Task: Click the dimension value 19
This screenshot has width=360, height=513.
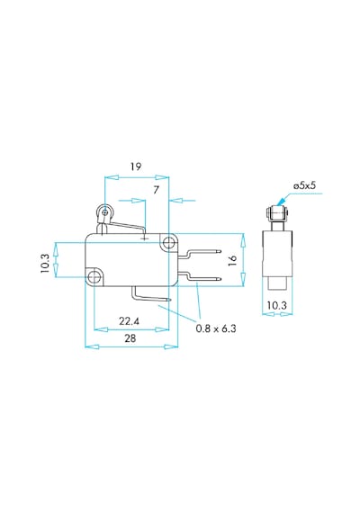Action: pyautogui.click(x=136, y=166)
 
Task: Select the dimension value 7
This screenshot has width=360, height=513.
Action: pyautogui.click(x=156, y=190)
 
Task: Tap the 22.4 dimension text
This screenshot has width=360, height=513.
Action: pyautogui.click(x=130, y=321)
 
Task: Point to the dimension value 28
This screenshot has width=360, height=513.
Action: pyautogui.click(x=130, y=338)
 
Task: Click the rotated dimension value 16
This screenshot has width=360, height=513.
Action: pyautogui.click(x=232, y=260)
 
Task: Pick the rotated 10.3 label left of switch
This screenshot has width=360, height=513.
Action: pyautogui.click(x=45, y=264)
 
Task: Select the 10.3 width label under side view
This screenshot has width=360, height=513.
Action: pyautogui.click(x=277, y=305)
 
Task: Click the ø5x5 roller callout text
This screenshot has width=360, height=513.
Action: pyautogui.click(x=305, y=185)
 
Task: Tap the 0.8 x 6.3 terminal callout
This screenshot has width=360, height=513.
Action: pyautogui.click(x=216, y=328)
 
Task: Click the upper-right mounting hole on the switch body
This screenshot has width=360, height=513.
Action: pyautogui.click(x=169, y=243)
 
